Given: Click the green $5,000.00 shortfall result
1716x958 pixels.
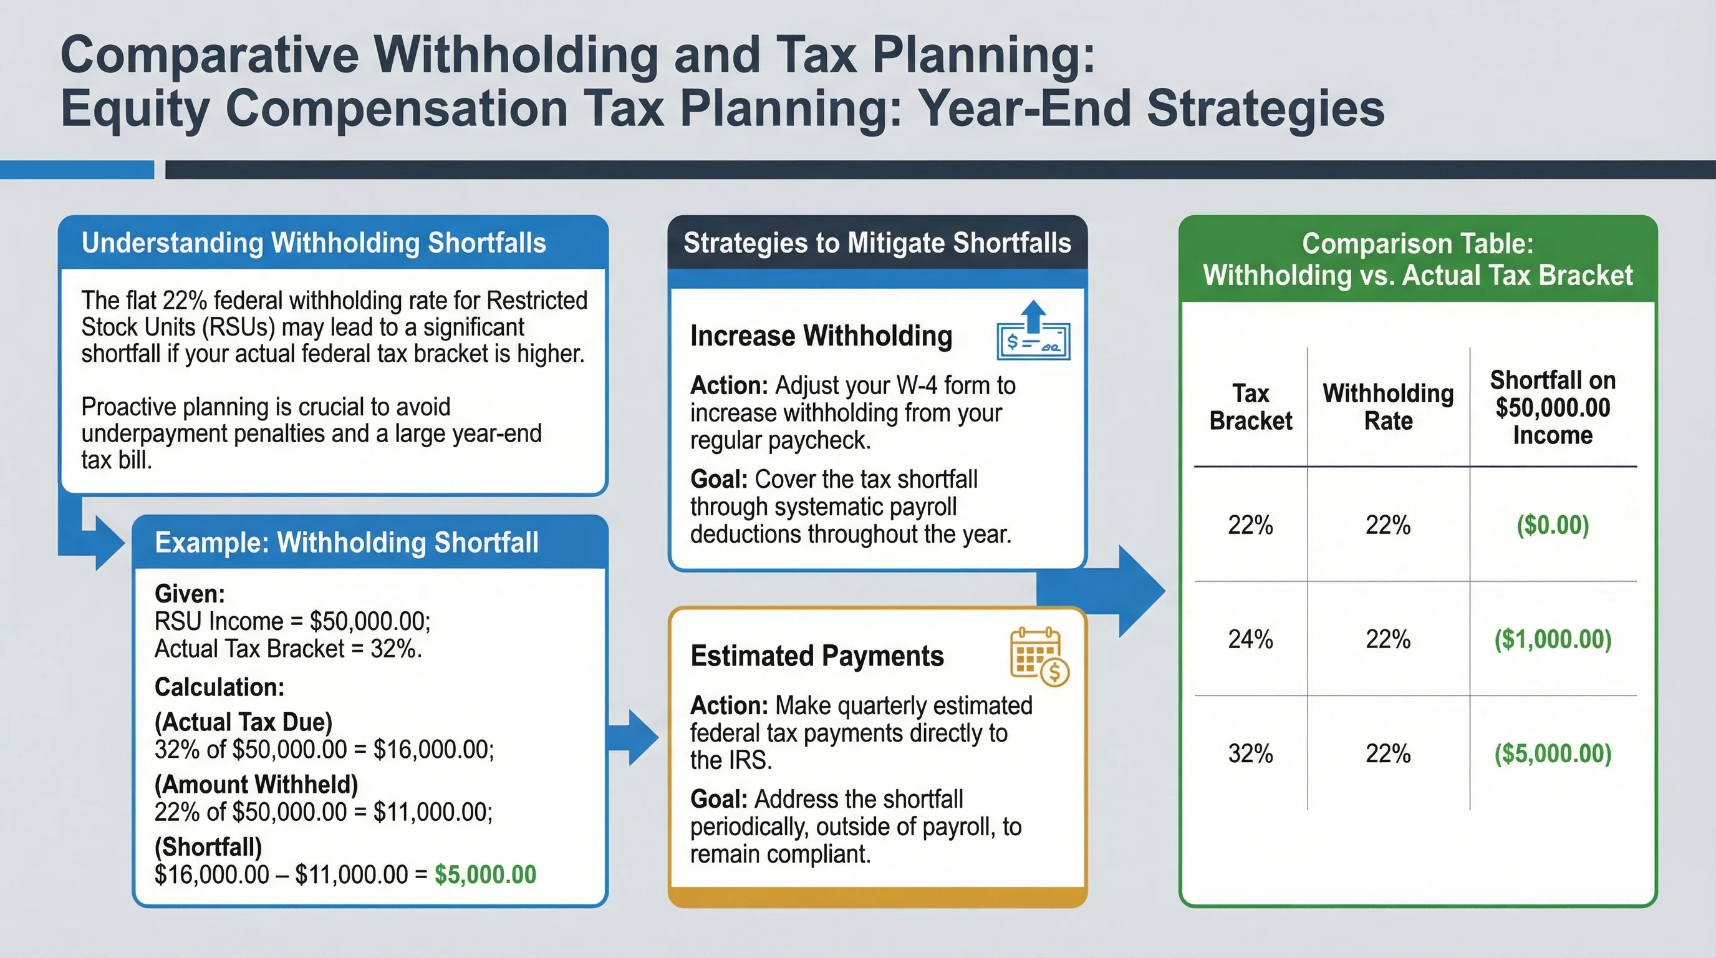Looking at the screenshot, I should pyautogui.click(x=485, y=874).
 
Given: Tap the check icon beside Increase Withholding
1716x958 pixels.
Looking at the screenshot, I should pyautogui.click(x=1033, y=332).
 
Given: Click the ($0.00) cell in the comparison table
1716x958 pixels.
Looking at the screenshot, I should pyautogui.click(x=1552, y=525).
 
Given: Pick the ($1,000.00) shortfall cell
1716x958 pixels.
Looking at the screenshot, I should pyautogui.click(x=1552, y=639).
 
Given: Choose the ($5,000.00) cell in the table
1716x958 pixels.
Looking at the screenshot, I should pyautogui.click(x=1552, y=753).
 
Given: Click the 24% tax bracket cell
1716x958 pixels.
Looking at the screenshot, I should pyautogui.click(x=1250, y=639).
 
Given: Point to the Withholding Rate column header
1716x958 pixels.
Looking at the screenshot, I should pyautogui.click(x=1388, y=407).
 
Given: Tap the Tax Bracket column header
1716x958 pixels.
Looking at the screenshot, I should pyautogui.click(x=1250, y=407).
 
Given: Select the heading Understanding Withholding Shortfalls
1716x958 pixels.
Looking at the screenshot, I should pyautogui.click(x=314, y=243).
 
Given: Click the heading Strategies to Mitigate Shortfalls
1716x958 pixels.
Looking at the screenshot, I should pyautogui.click(x=877, y=243).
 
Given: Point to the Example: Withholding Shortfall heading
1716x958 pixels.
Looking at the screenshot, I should pyautogui.click(x=347, y=542).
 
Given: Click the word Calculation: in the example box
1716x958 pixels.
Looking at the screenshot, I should pyautogui.click(x=219, y=687).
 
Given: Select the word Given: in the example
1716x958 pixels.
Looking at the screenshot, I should pyautogui.click(x=190, y=594).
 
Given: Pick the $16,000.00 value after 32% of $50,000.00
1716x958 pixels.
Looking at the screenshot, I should pyautogui.click(x=433, y=750).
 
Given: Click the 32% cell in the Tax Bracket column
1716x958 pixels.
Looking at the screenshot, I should pyautogui.click(x=1250, y=753).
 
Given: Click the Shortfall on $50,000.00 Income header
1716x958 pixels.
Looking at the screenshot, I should pyautogui.click(x=1552, y=407).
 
